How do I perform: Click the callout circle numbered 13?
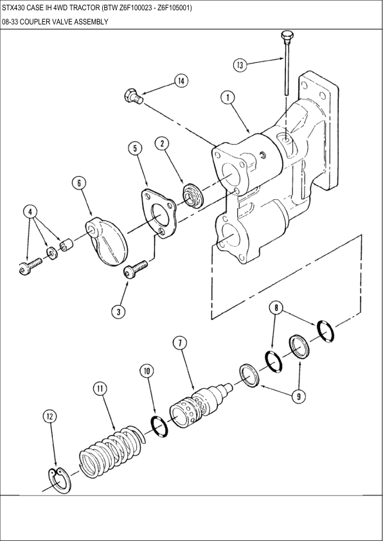pyautogui.click(x=240, y=65)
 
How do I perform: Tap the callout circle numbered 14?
pyautogui.click(x=181, y=81)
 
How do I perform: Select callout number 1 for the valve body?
pyautogui.click(x=227, y=98)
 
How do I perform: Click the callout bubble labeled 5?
pyautogui.click(x=135, y=148)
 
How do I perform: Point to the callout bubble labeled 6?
pyautogui.click(x=79, y=183)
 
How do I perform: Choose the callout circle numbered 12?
pyautogui.click(x=49, y=417)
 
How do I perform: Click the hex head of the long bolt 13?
pyautogui.click(x=287, y=35)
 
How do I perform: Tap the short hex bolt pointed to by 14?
pyautogui.click(x=134, y=96)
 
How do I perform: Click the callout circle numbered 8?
pyautogui.click(x=276, y=308)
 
